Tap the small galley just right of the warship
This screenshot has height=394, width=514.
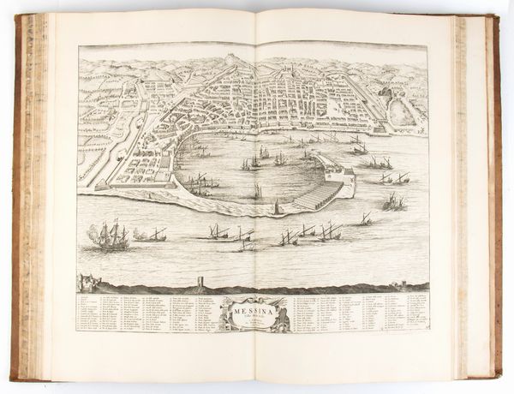click(x=154, y=234)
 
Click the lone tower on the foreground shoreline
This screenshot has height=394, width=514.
click(x=200, y=282)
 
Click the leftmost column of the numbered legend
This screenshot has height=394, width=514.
click(x=87, y=313)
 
